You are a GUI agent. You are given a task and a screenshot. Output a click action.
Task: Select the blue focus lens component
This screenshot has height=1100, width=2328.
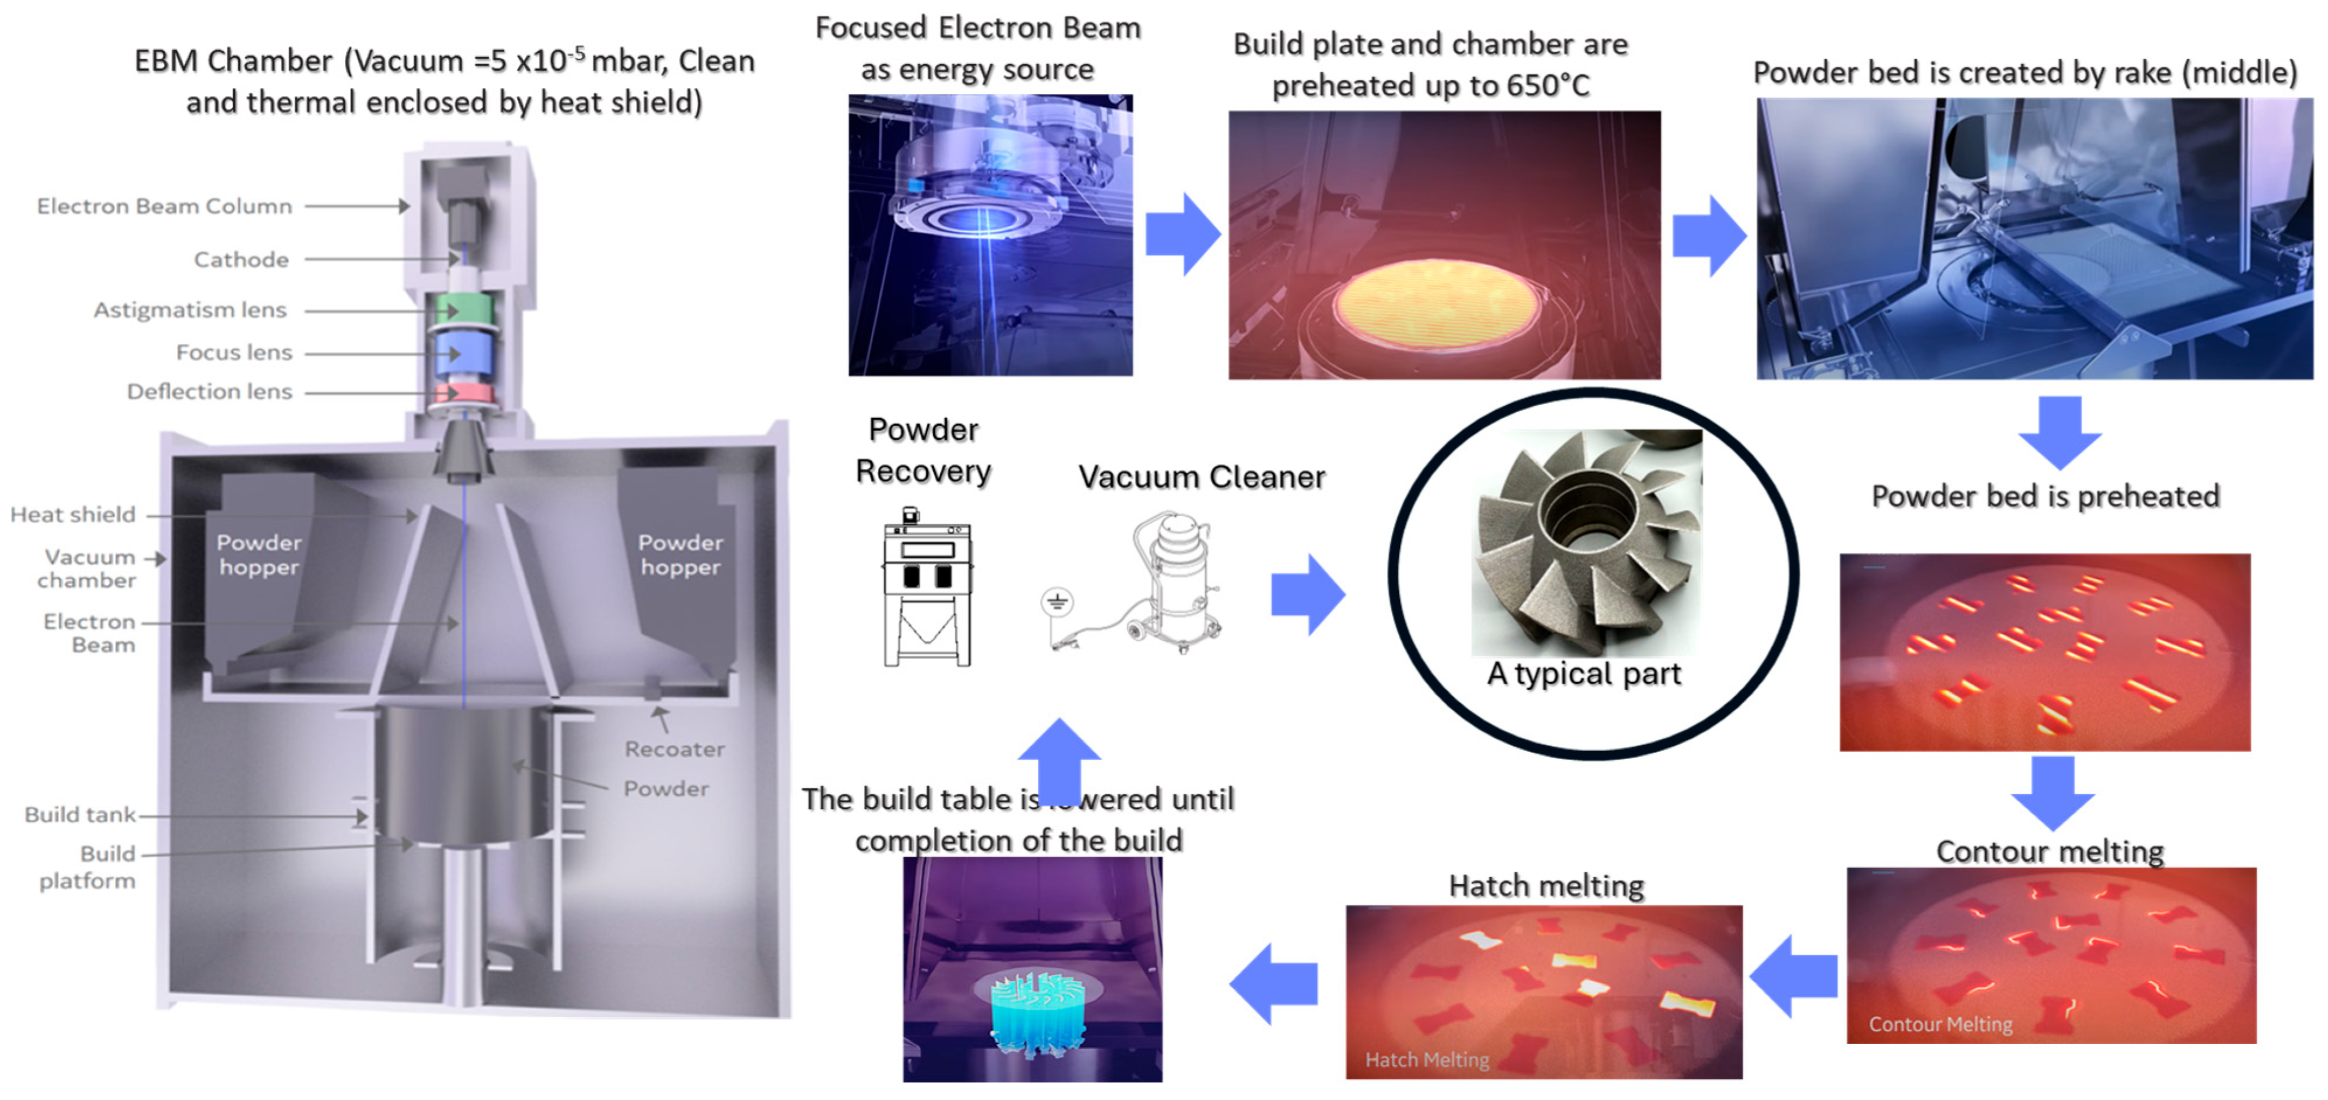(462, 353)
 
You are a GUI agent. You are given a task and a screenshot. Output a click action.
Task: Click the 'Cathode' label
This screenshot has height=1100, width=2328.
(241, 260)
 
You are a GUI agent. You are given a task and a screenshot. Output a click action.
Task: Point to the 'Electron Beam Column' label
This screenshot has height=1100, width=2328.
(165, 206)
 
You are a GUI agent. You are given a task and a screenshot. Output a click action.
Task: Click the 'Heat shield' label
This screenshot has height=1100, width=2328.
(73, 514)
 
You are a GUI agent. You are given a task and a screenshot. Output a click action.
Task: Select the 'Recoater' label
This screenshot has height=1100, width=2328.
(674, 749)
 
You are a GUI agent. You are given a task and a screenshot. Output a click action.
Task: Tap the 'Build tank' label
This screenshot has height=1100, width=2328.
(80, 815)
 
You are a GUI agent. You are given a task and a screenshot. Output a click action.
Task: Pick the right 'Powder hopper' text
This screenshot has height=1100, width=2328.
(680, 554)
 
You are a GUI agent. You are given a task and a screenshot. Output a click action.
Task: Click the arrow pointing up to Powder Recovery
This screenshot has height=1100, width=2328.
(1058, 757)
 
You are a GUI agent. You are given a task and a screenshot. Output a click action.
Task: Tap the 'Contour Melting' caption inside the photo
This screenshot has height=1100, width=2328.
(1940, 1024)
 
